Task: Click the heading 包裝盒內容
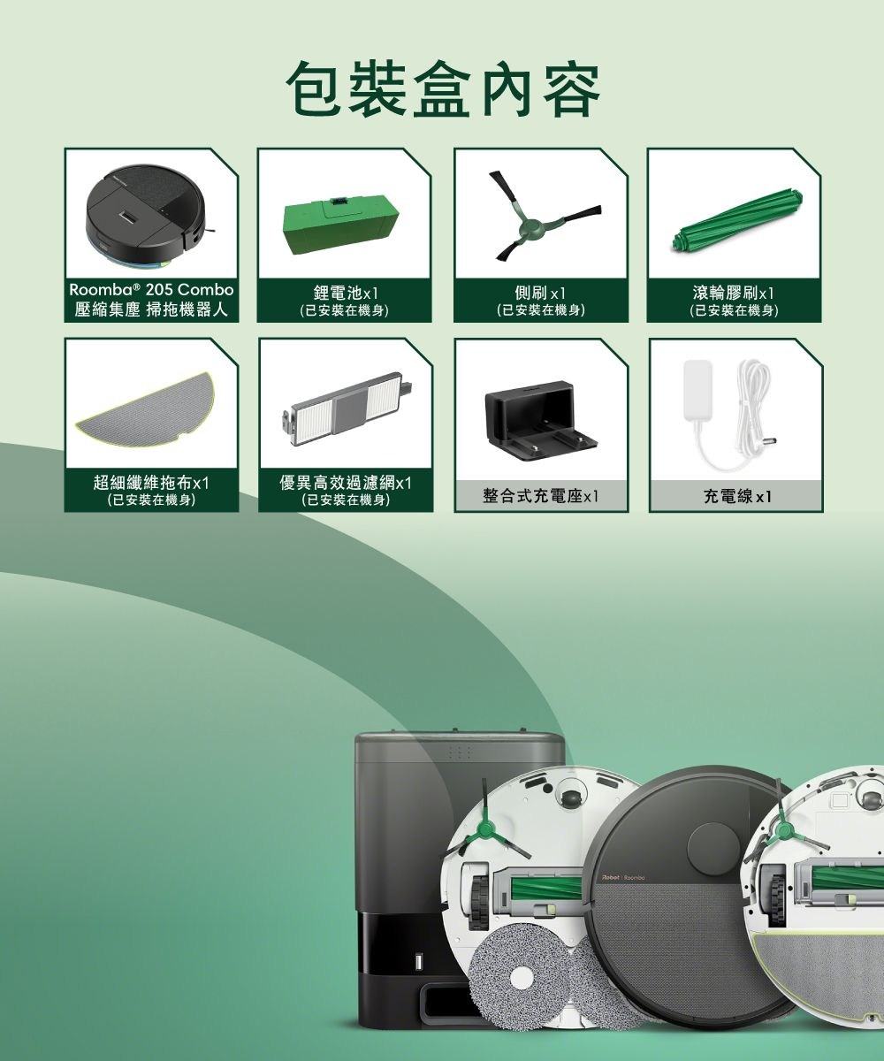(x=442, y=91)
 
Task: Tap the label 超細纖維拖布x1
(x=151, y=483)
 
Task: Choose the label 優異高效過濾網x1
(x=346, y=483)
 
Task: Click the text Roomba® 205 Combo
(x=151, y=290)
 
